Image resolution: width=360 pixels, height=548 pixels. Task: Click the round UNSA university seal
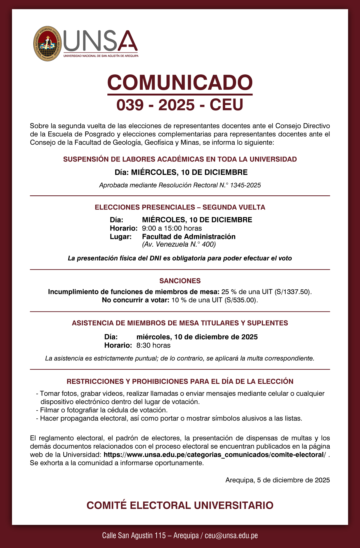click(47, 44)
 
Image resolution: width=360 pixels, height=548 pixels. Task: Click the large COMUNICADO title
click(180, 83)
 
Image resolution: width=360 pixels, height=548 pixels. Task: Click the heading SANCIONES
click(180, 281)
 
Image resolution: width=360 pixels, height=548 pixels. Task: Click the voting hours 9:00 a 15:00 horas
click(172, 228)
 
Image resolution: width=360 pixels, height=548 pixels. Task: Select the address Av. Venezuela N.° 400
click(179, 244)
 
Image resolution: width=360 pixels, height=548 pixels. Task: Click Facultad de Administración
click(189, 236)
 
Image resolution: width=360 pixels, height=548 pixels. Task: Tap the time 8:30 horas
click(153, 345)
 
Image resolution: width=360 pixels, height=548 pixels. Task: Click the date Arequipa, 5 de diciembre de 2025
click(277, 480)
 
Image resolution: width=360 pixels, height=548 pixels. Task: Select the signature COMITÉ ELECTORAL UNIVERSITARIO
click(180, 505)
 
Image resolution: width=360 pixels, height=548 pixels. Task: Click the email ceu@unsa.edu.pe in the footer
click(231, 536)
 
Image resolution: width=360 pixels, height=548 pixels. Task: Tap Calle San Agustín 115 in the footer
click(134, 536)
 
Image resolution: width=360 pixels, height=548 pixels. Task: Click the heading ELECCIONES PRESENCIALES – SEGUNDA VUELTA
click(180, 207)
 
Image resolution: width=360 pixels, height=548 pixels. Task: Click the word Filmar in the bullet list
click(49, 410)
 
